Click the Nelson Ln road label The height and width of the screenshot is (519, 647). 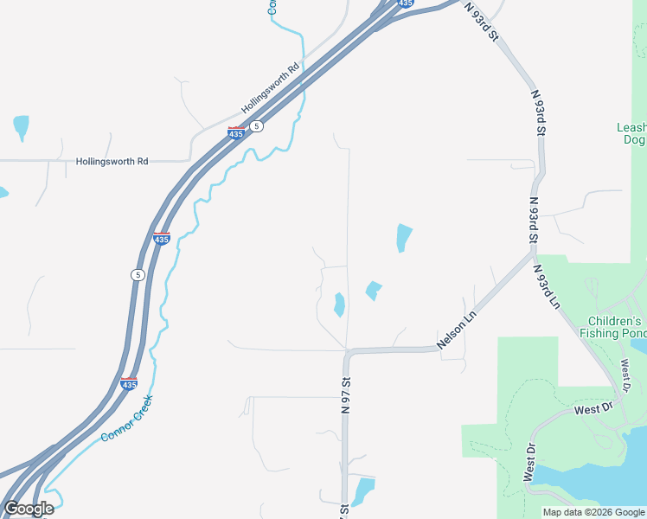click(x=458, y=330)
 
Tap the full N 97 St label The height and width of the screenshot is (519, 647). click(x=345, y=394)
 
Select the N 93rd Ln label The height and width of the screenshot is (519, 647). click(x=547, y=288)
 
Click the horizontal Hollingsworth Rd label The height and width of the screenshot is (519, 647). click(x=112, y=161)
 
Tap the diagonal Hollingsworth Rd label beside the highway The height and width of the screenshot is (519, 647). click(x=270, y=87)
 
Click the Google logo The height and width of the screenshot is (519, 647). click(x=29, y=509)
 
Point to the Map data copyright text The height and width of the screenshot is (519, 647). click(x=593, y=512)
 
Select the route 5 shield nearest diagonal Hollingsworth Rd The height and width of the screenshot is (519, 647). click(x=256, y=126)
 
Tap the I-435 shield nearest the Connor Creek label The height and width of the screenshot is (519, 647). click(x=129, y=384)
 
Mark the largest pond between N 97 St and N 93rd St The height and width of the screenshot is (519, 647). click(x=403, y=237)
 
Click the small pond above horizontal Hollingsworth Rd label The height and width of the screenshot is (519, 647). click(x=21, y=126)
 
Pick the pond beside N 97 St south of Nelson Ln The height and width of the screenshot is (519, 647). click(x=363, y=490)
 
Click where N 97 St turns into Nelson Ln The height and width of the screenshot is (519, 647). click(x=348, y=352)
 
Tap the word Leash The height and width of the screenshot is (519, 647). click(x=631, y=127)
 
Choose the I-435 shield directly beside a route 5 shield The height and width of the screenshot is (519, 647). click(x=235, y=132)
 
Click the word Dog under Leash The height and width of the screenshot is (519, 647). click(x=634, y=139)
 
